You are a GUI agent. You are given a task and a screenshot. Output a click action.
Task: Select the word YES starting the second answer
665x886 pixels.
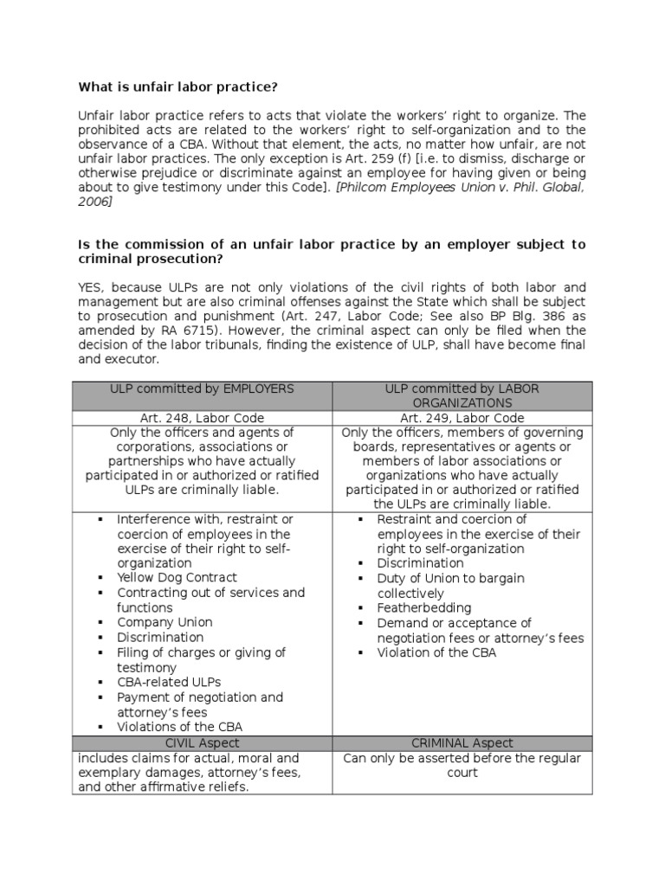pyautogui.click(x=93, y=286)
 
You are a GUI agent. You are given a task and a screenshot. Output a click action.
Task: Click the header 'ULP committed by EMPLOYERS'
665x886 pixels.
pyautogui.click(x=203, y=389)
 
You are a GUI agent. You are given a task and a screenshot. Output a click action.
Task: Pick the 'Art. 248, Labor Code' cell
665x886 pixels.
pyautogui.click(x=203, y=418)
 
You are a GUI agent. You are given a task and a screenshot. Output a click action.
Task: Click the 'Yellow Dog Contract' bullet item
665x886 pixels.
pyautogui.click(x=177, y=577)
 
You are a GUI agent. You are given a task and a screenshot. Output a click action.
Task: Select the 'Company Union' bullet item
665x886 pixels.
pyautogui.click(x=165, y=622)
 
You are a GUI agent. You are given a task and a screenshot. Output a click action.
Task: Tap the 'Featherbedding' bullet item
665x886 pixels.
pyautogui.click(x=423, y=608)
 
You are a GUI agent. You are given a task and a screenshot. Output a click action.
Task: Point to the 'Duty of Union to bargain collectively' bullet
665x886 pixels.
pyautogui.click(x=450, y=586)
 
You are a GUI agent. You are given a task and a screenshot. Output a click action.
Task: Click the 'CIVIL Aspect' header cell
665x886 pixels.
pyautogui.click(x=203, y=743)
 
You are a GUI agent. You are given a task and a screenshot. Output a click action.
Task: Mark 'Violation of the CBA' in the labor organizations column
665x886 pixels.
pyautogui.click(x=436, y=653)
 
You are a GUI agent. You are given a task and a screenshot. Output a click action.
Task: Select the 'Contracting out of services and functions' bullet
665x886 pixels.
pyautogui.click(x=210, y=600)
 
